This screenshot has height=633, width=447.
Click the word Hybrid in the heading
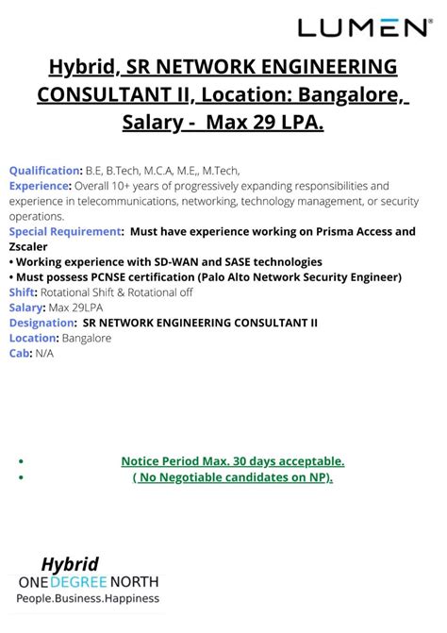click(82, 69)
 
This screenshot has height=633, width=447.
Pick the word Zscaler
click(29, 246)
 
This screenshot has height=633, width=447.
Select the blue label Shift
click(22, 292)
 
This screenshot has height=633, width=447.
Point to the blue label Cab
click(19, 353)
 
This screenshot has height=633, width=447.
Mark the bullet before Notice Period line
click(22, 461)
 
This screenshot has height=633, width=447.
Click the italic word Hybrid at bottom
click(70, 564)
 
